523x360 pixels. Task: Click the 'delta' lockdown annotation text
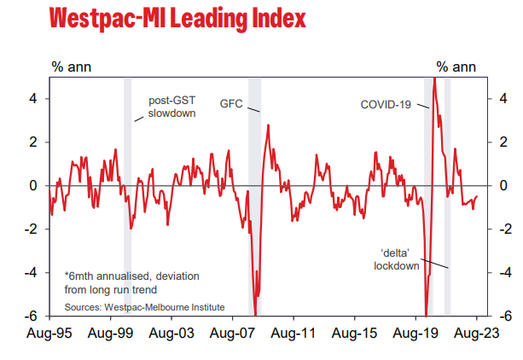pyautogui.click(x=398, y=259)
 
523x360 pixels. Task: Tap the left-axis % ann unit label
pyautogui.click(x=72, y=66)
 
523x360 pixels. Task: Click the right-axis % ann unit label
pyautogui.click(x=456, y=66)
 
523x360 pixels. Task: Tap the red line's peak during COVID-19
pyautogui.click(x=434, y=79)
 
